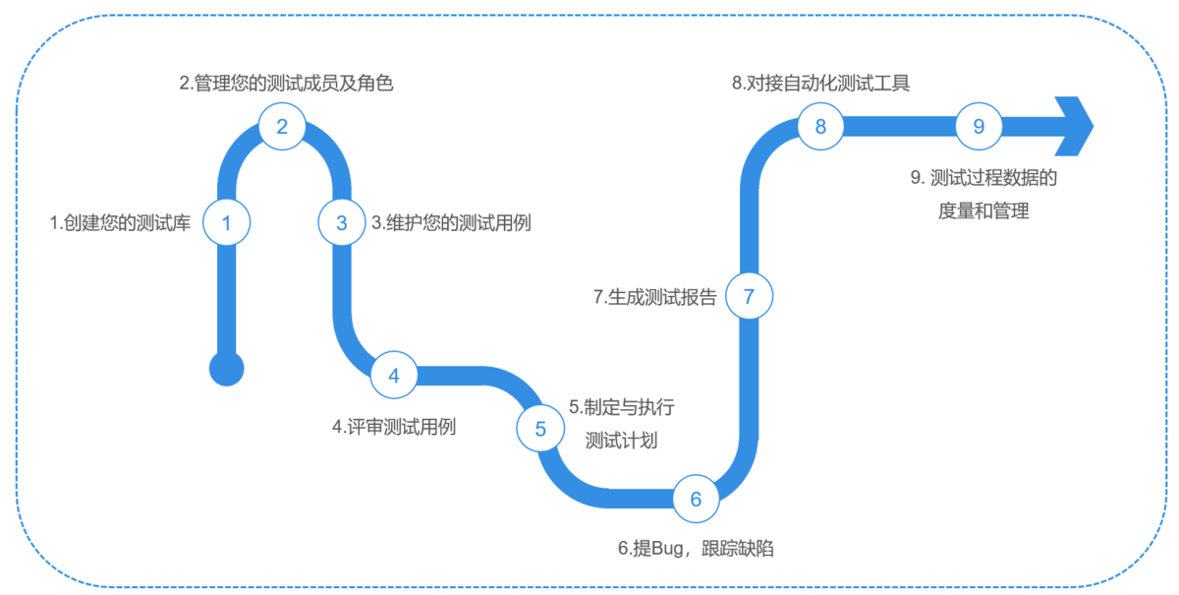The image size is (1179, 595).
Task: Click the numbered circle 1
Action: click(227, 223)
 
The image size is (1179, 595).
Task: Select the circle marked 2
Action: click(282, 126)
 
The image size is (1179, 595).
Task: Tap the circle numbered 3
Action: click(341, 223)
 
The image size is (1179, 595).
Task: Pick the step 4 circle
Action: click(394, 376)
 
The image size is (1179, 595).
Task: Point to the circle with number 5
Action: click(540, 429)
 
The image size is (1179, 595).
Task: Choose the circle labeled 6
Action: click(697, 500)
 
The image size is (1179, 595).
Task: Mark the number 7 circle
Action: click(749, 296)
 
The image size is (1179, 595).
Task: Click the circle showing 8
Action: click(821, 126)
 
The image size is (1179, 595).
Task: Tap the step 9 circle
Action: click(979, 126)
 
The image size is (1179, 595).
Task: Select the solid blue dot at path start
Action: click(227, 370)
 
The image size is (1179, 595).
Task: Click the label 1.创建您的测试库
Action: click(120, 223)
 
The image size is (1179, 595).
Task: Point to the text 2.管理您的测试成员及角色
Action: click(287, 84)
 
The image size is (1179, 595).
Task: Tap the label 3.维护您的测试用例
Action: click(451, 223)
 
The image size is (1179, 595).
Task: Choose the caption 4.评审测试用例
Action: click(395, 428)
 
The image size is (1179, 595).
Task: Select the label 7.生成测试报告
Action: click(655, 297)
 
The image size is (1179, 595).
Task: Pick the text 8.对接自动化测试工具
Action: click(821, 84)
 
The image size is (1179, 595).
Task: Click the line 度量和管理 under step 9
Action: click(983, 210)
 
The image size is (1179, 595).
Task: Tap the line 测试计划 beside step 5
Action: click(621, 441)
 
